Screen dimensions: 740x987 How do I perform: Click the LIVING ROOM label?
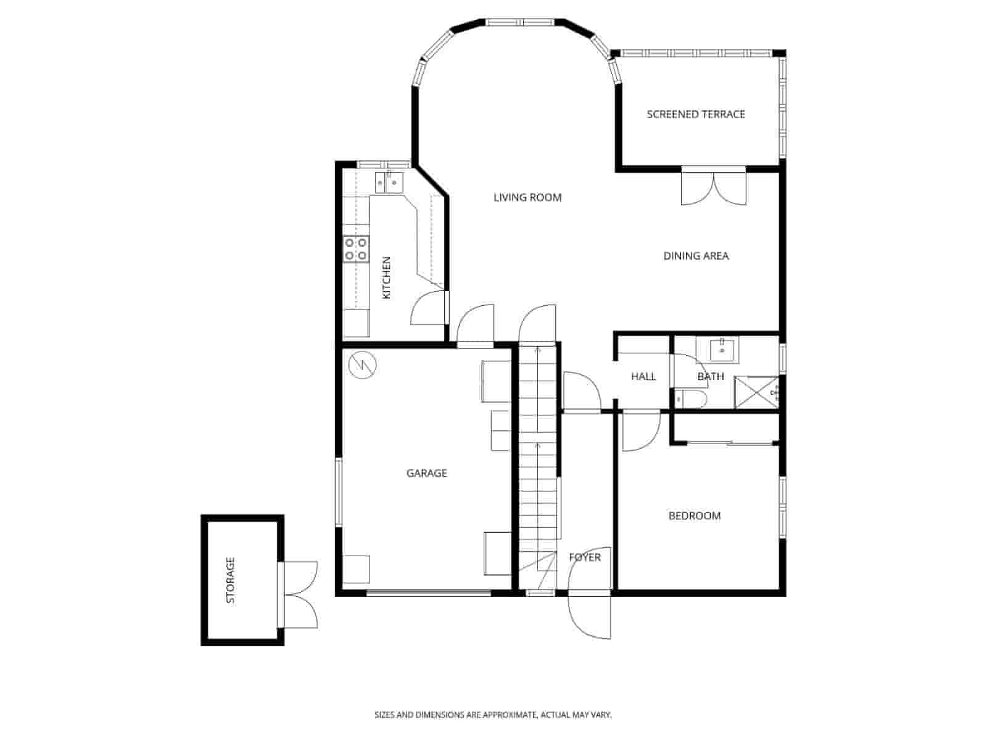click(527, 197)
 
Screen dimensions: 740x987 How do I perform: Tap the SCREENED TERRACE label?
click(696, 114)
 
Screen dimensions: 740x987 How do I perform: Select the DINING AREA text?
click(696, 255)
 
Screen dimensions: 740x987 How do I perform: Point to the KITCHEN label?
click(387, 278)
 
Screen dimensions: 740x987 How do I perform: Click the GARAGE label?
click(426, 473)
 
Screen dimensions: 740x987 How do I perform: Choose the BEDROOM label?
click(695, 516)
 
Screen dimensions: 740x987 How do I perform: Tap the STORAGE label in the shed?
click(231, 580)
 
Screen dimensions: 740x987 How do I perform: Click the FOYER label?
click(584, 557)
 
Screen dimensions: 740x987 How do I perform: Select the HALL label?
click(643, 376)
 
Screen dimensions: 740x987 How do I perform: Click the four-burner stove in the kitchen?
click(357, 249)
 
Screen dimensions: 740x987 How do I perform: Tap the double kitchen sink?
click(389, 183)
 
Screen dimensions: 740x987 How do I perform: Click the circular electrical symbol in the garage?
click(361, 365)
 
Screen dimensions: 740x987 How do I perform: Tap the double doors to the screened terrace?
click(714, 186)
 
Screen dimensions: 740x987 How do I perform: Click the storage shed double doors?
click(300, 594)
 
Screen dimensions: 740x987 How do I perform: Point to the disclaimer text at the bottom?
click(493, 715)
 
